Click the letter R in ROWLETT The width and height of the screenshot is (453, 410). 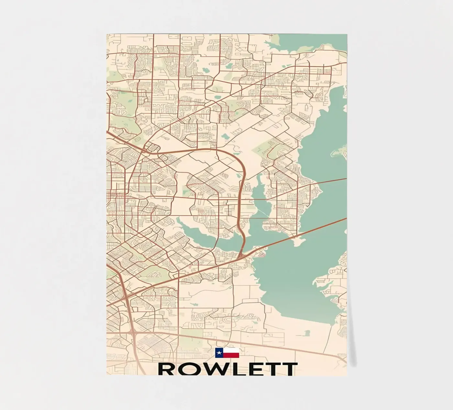point(166,369)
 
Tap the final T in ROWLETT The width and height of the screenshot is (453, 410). point(289,369)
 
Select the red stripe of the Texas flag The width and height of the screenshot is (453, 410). point(231,355)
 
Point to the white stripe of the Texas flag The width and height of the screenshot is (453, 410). point(231,351)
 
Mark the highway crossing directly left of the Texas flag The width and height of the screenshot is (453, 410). point(133,333)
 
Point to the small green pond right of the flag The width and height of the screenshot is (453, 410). point(307,332)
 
